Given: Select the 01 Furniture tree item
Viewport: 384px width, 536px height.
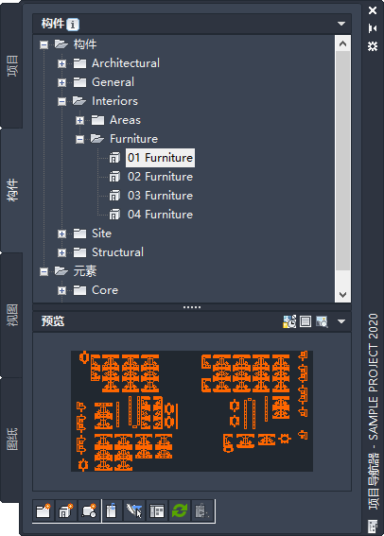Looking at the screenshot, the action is pyautogui.click(x=160, y=158).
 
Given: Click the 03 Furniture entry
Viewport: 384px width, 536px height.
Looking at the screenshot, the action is pyautogui.click(x=160, y=196).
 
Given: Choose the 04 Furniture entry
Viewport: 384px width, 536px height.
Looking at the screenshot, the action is pyautogui.click(x=160, y=215).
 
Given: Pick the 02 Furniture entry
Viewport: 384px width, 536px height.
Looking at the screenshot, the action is pyautogui.click(x=160, y=177).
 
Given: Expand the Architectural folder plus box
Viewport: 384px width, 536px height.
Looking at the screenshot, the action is pyautogui.click(x=61, y=63).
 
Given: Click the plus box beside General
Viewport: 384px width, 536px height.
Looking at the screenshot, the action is pyautogui.click(x=61, y=82).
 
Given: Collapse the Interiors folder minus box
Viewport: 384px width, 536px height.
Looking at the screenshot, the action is pyautogui.click(x=61, y=101).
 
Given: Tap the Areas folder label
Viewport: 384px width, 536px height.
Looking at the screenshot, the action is pyautogui.click(x=125, y=120).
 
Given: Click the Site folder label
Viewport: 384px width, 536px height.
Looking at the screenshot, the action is pyautogui.click(x=101, y=233).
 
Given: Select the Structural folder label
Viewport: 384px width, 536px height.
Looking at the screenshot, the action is pyautogui.click(x=117, y=252).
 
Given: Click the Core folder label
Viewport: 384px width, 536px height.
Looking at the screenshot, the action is pyautogui.click(x=105, y=290).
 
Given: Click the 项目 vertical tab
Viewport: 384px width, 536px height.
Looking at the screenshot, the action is pyautogui.click(x=12, y=65).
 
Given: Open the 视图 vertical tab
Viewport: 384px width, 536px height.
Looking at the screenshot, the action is pyautogui.click(x=12, y=315).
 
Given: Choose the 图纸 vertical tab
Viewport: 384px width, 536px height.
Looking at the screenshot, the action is pyautogui.click(x=12, y=440).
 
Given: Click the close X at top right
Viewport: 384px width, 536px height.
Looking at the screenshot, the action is pyautogui.click(x=373, y=10).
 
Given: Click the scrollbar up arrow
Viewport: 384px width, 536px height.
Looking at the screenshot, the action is pyautogui.click(x=343, y=43).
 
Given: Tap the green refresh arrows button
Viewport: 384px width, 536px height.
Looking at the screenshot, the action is pyautogui.click(x=180, y=511).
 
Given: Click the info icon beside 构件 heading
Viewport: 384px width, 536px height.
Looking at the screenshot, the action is pyautogui.click(x=73, y=25).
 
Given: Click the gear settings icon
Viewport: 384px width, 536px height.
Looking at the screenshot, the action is pyautogui.click(x=373, y=45).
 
